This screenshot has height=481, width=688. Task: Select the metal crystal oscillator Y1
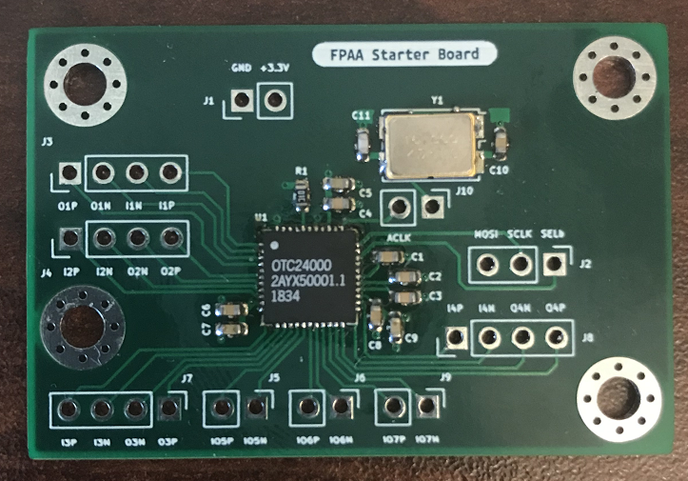point(429,145)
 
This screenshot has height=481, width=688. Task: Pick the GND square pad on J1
point(241,100)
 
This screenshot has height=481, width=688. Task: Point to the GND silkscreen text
point(241,69)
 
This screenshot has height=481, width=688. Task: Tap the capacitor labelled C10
point(501,143)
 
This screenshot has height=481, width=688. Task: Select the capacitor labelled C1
point(389,257)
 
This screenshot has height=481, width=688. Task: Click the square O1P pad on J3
point(68,174)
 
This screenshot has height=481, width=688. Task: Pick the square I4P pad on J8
point(457,337)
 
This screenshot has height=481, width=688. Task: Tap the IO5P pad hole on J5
point(222,409)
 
